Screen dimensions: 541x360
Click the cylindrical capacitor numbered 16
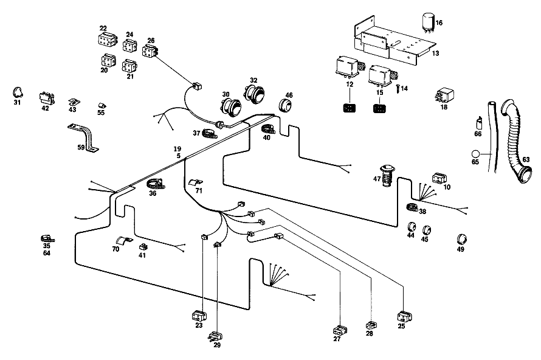point(428,22)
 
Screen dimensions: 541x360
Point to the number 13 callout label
point(435,53)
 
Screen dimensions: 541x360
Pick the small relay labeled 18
point(445,95)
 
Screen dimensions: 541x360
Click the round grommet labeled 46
point(285,105)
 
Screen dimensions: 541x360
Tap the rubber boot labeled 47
point(387,176)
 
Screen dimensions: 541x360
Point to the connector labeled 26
point(150,50)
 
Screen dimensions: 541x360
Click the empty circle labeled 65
point(475,154)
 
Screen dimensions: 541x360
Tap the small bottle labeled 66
point(478,123)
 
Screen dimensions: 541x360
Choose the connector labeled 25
point(404,317)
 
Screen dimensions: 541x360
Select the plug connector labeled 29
point(216,336)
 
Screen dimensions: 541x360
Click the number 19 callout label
point(177,149)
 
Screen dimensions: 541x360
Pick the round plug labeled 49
point(461,239)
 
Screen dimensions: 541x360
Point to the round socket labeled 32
point(254,92)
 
